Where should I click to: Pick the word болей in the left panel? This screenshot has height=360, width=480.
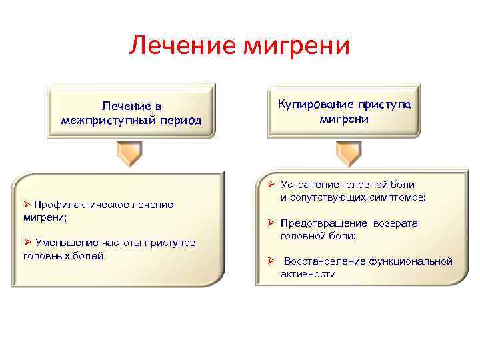click(x=89, y=255)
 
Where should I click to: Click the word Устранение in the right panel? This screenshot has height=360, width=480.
click(x=310, y=184)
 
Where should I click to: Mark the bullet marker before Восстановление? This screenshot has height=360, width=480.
click(x=271, y=261)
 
